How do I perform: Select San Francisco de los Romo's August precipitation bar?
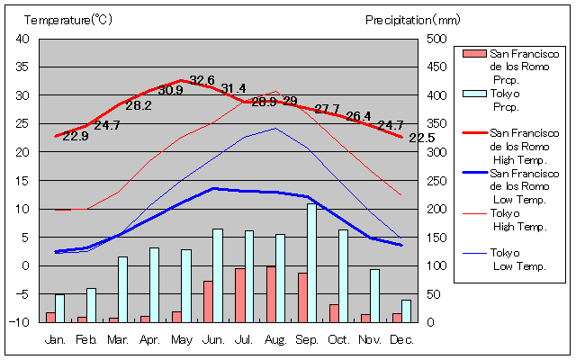click(x=270, y=294)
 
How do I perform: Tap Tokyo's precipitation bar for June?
click(x=218, y=275)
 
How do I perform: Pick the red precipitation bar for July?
click(x=239, y=295)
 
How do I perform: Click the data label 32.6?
click(x=202, y=80)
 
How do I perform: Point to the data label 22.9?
click(x=76, y=136)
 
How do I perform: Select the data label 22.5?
click(x=421, y=138)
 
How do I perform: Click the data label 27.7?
click(x=327, y=109)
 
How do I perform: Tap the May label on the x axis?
click(x=182, y=339)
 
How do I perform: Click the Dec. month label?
click(x=401, y=339)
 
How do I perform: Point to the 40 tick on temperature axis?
click(x=23, y=39)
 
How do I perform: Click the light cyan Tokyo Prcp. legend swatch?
click(x=473, y=94)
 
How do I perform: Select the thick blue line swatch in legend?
click(x=473, y=171)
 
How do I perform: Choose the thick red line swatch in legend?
click(x=473, y=132)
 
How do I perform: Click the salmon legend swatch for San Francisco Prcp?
click(x=473, y=54)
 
